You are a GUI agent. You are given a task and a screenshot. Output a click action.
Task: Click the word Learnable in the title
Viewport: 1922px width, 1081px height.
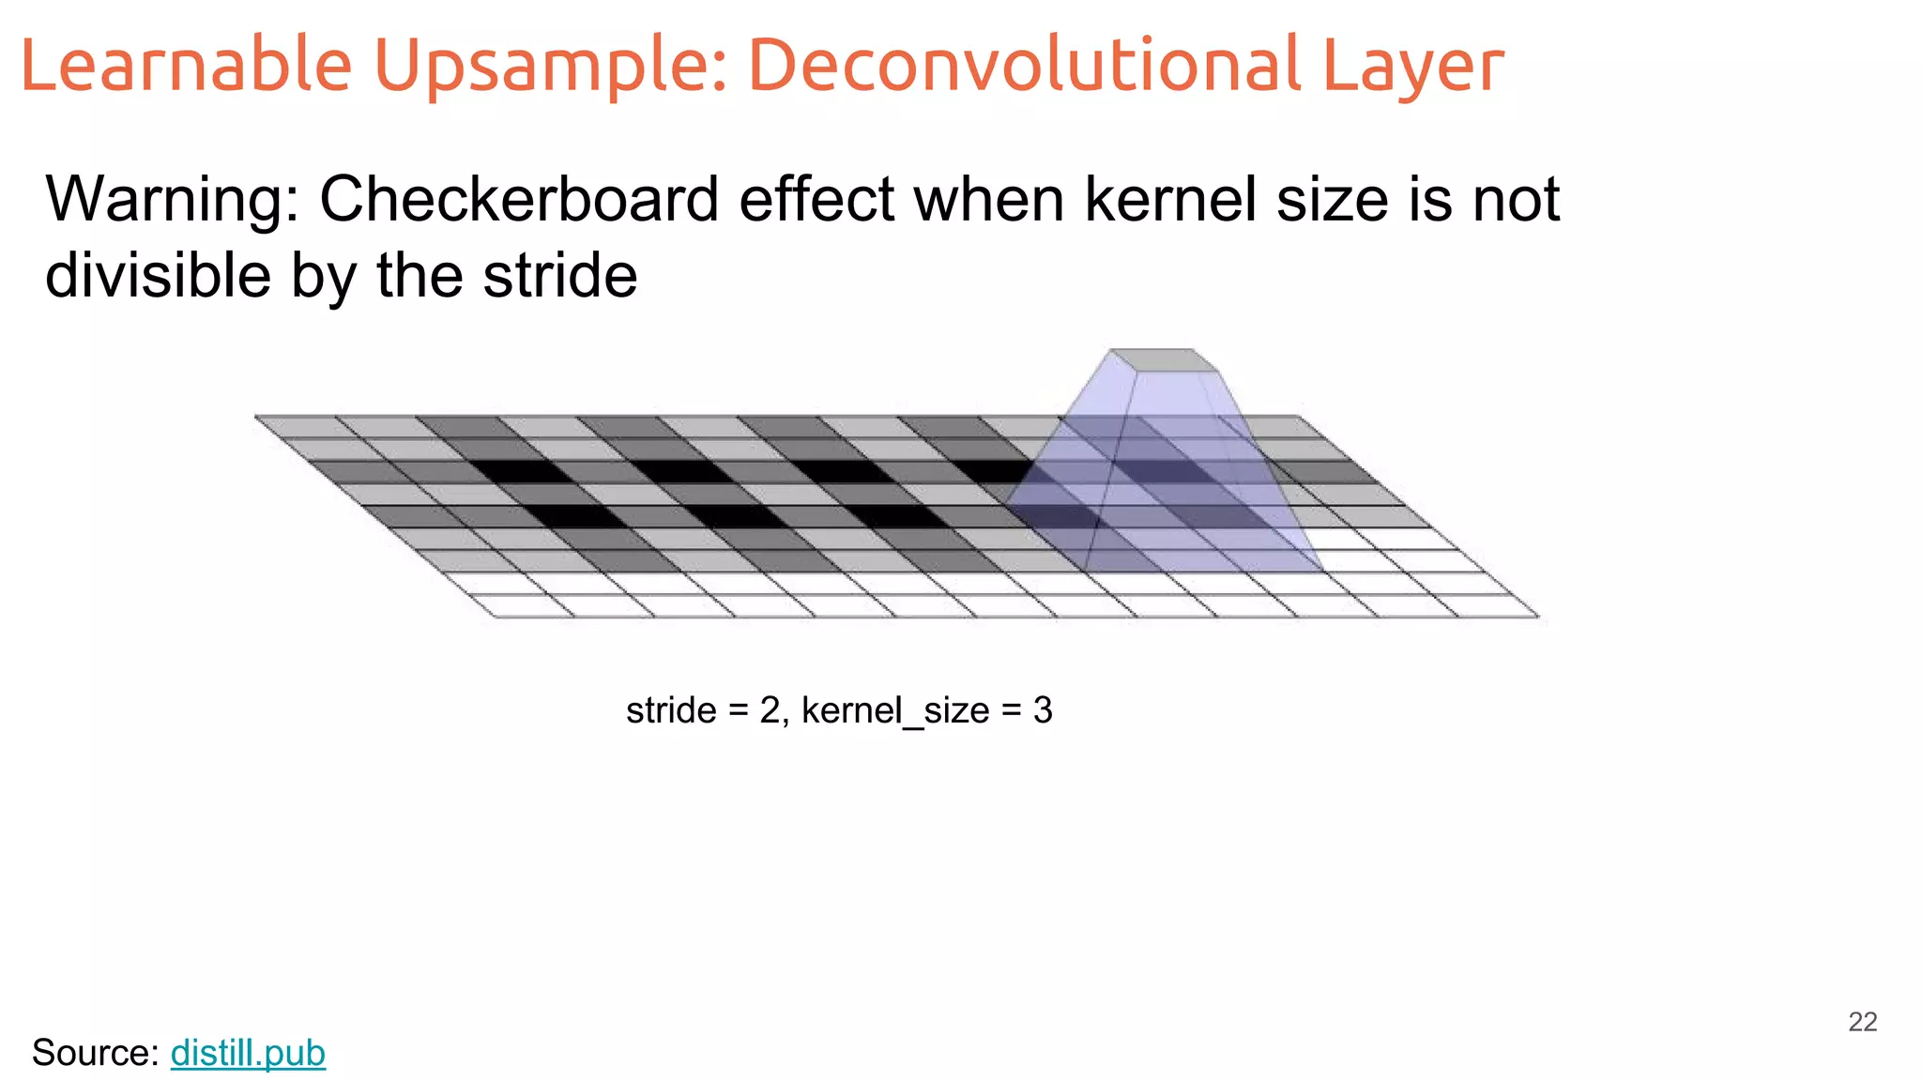(185, 65)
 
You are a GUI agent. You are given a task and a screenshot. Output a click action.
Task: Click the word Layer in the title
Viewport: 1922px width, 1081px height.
(1413, 65)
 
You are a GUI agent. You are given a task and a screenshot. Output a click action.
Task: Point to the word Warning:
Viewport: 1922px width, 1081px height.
(172, 199)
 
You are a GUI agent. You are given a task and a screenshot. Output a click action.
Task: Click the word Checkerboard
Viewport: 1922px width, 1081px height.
(520, 199)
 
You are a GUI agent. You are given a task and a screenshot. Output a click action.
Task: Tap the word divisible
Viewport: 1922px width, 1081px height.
(157, 276)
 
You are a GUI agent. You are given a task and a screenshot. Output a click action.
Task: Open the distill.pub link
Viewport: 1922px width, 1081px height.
(248, 1053)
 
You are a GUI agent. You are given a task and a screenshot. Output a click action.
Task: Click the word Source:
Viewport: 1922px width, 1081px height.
(95, 1053)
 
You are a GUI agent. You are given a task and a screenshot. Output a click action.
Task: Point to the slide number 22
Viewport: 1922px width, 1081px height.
(1862, 1022)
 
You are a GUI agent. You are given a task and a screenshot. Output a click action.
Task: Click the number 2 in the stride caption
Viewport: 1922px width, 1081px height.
(770, 710)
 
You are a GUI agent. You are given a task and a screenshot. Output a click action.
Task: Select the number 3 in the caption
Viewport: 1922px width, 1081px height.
(1043, 710)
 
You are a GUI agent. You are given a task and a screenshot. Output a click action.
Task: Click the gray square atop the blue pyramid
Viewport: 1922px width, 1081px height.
(1163, 360)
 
